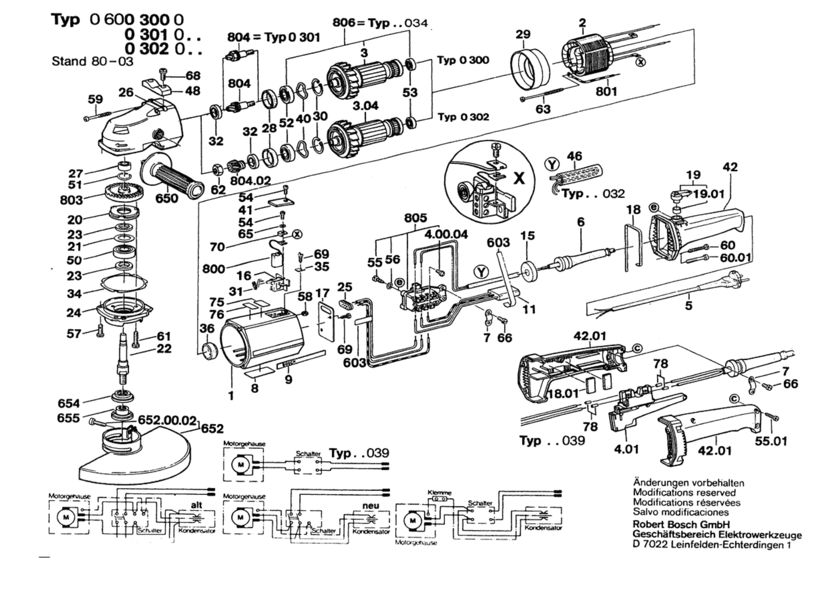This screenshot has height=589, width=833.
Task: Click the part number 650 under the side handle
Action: [x=167, y=198]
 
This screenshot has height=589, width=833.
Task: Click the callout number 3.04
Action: [x=365, y=106]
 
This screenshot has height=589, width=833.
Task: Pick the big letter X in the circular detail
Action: [x=518, y=179]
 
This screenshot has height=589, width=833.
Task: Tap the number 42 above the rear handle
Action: [x=730, y=167]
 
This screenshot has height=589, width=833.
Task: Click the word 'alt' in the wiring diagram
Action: [x=196, y=505]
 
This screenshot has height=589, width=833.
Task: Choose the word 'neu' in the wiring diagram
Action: [x=370, y=505]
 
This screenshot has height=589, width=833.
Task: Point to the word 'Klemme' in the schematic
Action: [x=439, y=493]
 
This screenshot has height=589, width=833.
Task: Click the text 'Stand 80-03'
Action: [x=93, y=61]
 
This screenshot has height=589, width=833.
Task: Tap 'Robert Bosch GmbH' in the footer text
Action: [x=681, y=524]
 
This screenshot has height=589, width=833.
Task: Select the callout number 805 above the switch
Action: [x=415, y=218]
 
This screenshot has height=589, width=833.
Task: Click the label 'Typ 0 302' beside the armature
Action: [x=463, y=117]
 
